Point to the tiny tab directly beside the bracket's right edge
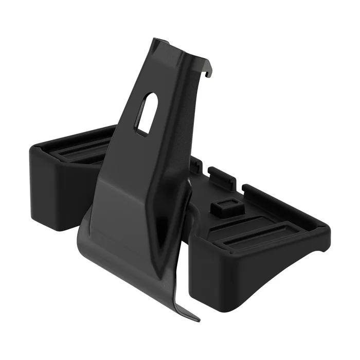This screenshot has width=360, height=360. click(197, 166)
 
